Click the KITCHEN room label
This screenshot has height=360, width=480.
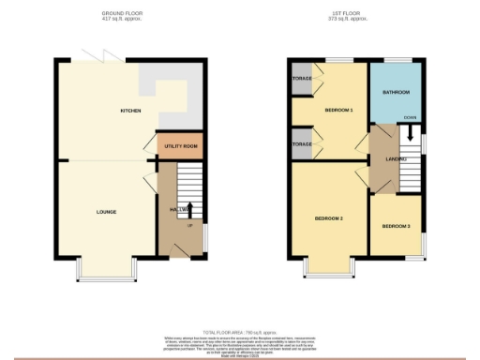(x=131, y=112)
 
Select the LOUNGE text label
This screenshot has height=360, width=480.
(x=106, y=212)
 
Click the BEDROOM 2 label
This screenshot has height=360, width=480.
(x=328, y=218)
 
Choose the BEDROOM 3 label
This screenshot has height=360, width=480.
(x=396, y=226)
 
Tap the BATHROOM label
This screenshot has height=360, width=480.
(x=396, y=93)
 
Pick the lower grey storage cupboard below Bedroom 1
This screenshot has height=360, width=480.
(x=302, y=144)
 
